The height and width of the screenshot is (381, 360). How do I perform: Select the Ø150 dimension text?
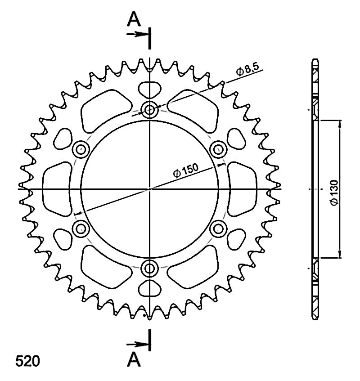pyautogui.click(x=186, y=170)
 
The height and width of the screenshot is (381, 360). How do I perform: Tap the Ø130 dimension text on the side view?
pyautogui.click(x=334, y=193)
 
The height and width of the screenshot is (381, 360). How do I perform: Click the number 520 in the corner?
pyautogui.click(x=27, y=361)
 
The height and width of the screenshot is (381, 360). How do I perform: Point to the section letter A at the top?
pyautogui.click(x=134, y=19)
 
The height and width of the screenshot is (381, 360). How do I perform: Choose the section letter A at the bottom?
pyautogui.click(x=134, y=360)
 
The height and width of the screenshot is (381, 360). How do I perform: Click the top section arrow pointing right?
pyautogui.click(x=138, y=34)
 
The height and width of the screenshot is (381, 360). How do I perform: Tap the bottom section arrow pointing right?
pyautogui.click(x=138, y=344)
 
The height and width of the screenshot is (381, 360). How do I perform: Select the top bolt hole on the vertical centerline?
pyautogui.click(x=149, y=110)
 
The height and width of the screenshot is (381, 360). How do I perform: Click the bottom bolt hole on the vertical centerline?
pyautogui.click(x=149, y=268)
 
